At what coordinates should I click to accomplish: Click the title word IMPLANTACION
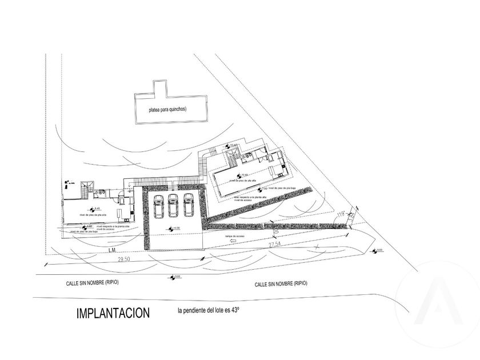pyautogui.click(x=113, y=313)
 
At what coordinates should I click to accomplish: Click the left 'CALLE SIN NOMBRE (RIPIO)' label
pyautogui.click(x=94, y=283)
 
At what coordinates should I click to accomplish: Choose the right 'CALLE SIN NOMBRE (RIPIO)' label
pyautogui.click(x=281, y=283)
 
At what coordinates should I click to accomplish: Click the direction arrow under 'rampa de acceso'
pyautogui.click(x=234, y=242)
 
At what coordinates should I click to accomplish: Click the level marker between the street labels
pyautogui.click(x=173, y=278)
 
